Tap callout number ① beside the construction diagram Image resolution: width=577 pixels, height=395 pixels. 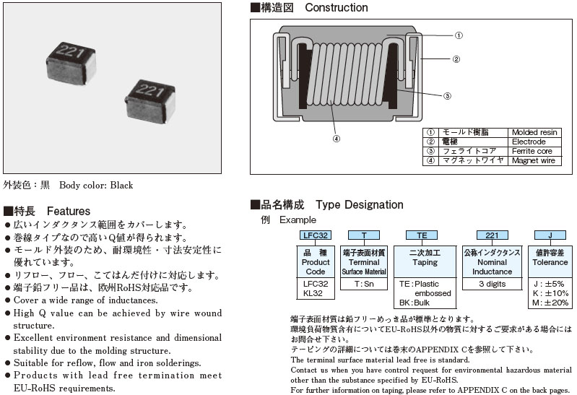click(459, 35)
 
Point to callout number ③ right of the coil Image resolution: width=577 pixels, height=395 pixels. click(447, 95)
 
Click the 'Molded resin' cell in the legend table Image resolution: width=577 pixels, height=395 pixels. click(534, 132)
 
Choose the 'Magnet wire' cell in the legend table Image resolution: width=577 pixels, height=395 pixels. click(533, 160)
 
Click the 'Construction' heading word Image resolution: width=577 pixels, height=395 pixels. click(337, 8)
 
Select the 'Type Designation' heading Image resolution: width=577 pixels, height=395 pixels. click(359, 205)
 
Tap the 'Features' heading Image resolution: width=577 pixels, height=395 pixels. click(69, 211)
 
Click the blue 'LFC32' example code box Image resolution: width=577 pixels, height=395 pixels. click(316, 235)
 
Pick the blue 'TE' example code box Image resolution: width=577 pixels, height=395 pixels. click(421, 235)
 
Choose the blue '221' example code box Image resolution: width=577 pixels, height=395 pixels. click(492, 235)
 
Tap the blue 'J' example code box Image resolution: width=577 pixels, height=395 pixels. click(550, 235)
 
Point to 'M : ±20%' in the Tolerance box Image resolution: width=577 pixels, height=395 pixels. click(550, 303)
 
